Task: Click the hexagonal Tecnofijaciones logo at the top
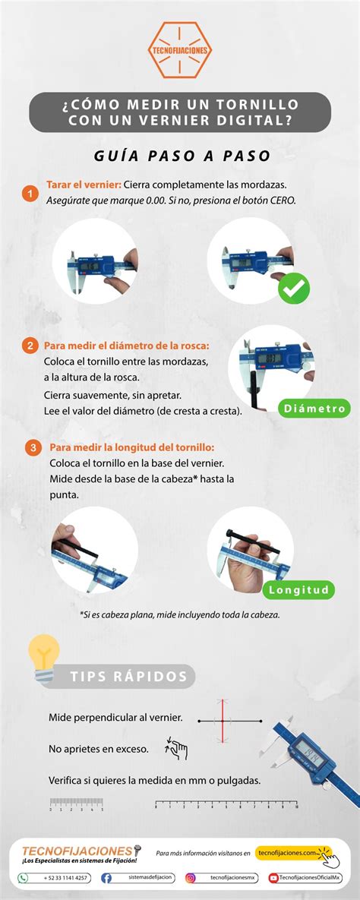pyautogui.click(x=180, y=50)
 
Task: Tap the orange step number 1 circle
pyautogui.click(x=30, y=194)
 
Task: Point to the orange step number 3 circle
pyautogui.click(x=33, y=447)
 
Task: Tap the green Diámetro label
pyautogui.click(x=314, y=409)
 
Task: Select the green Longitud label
pyautogui.click(x=298, y=589)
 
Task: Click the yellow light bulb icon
pyautogui.click(x=43, y=656)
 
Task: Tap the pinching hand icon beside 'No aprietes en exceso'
pyautogui.click(x=176, y=749)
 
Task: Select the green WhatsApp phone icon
pyautogui.click(x=24, y=878)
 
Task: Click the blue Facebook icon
pyautogui.click(x=106, y=878)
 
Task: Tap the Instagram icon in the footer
pyautogui.click(x=191, y=878)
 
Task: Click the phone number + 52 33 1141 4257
pyautogui.click(x=65, y=878)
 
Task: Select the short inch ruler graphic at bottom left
pyautogui.click(x=77, y=804)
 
